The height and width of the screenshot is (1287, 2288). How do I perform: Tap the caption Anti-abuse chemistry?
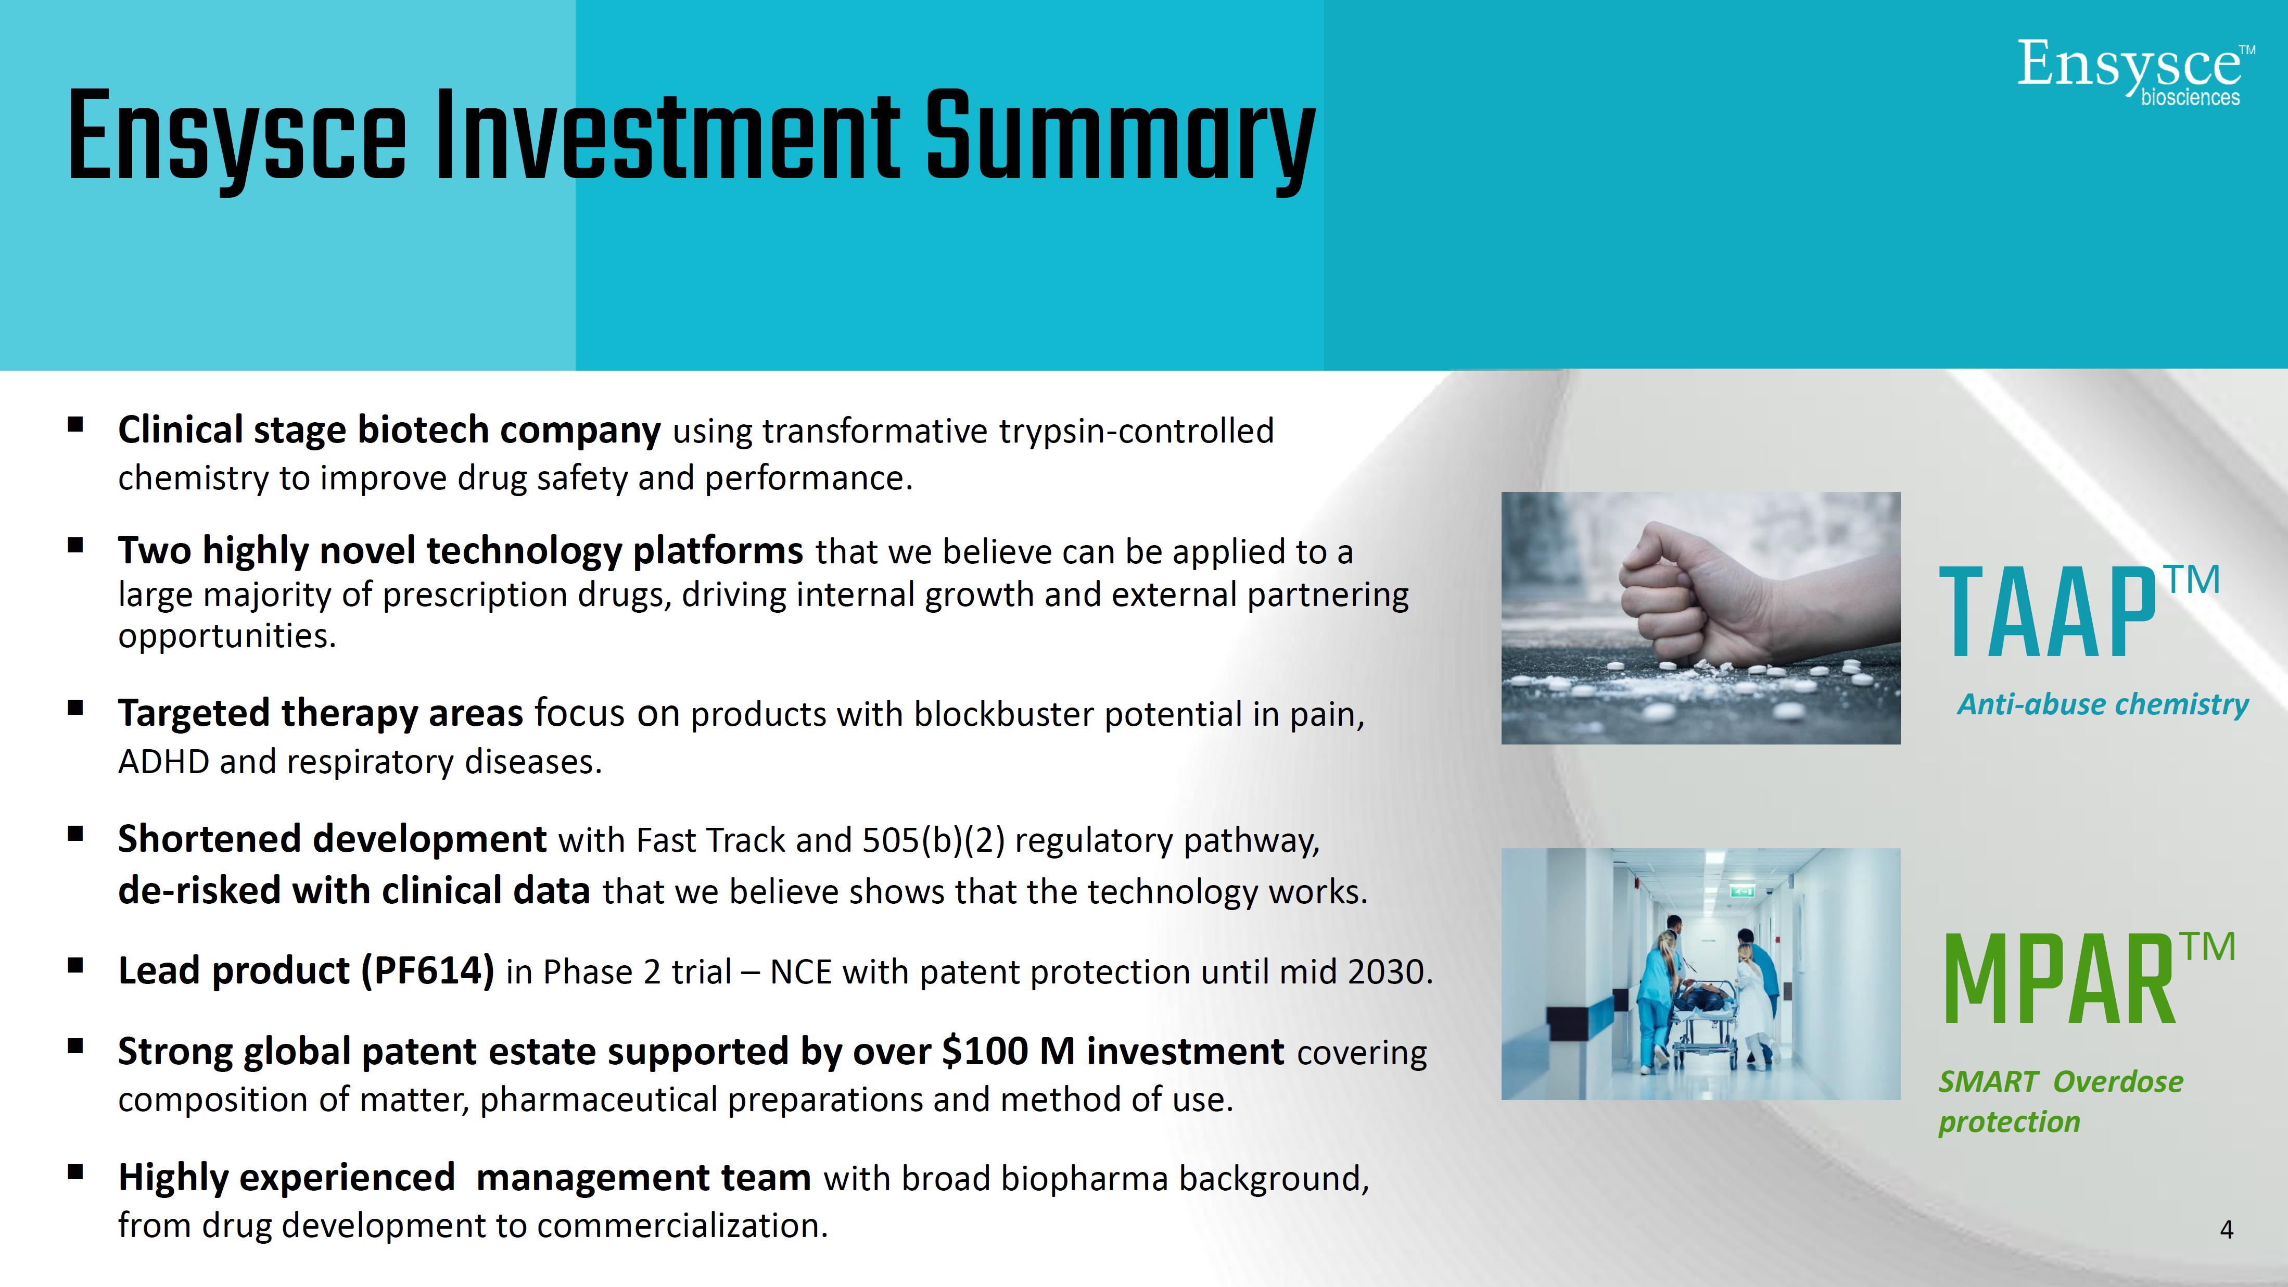coord(2102,704)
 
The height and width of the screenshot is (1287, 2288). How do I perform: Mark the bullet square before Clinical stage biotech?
coord(75,424)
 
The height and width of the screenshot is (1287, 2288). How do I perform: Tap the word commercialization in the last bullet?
coord(682,1226)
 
